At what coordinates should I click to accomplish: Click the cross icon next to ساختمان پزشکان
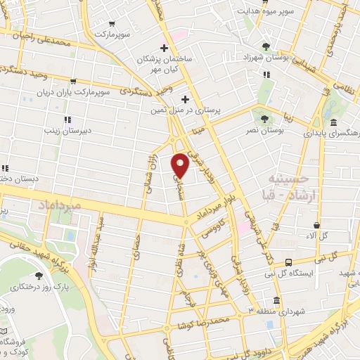click(x=164, y=49)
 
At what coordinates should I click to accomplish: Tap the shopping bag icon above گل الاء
click(x=317, y=226)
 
